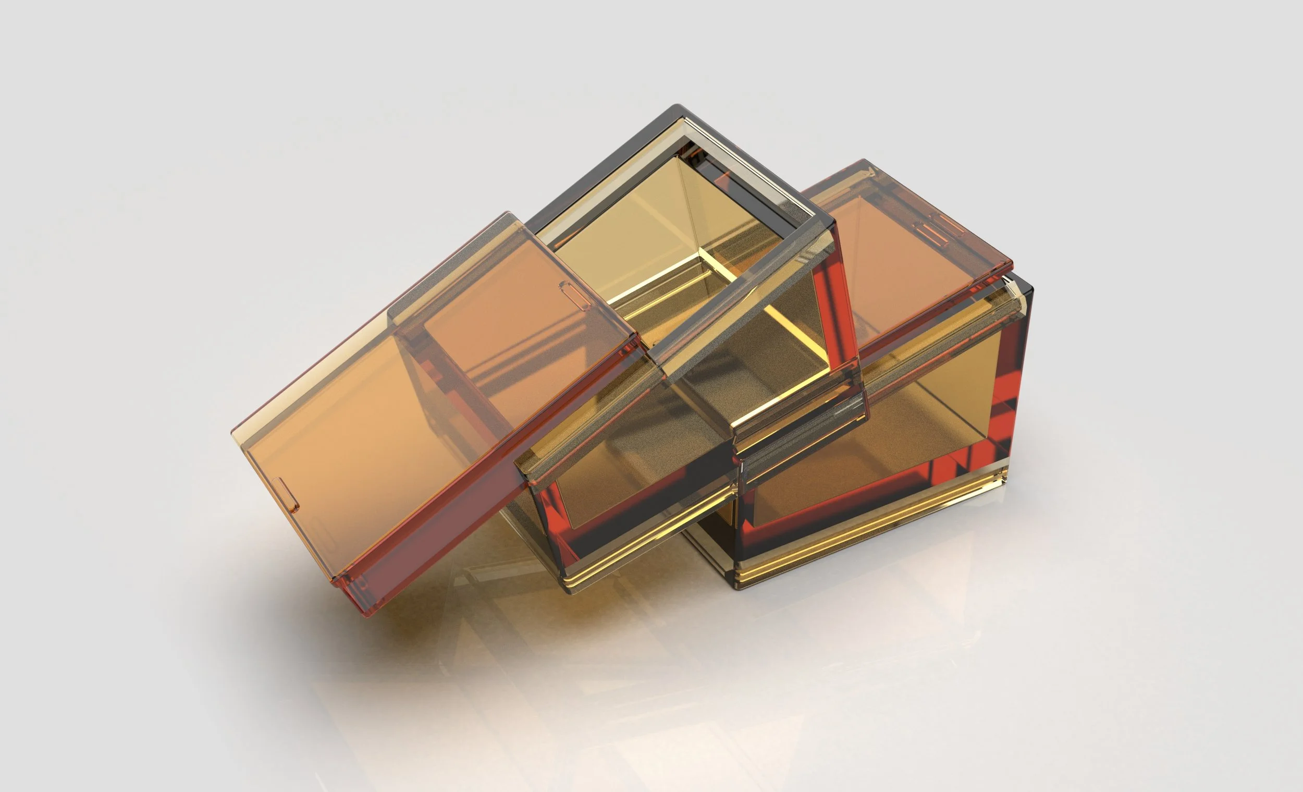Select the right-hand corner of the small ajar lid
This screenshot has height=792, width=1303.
(1011, 263)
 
